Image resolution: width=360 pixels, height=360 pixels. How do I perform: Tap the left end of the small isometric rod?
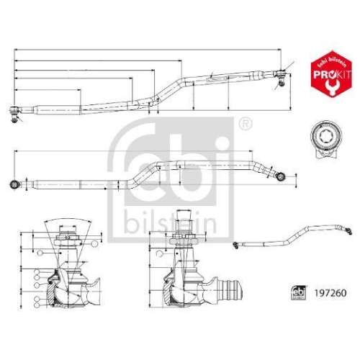pos(238,246)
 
